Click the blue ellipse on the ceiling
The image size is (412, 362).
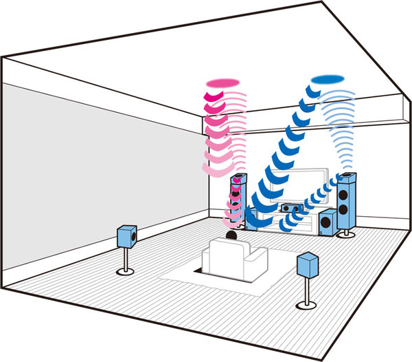pyautogui.click(x=328, y=79)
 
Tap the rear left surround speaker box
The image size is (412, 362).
pyautogui.click(x=127, y=235)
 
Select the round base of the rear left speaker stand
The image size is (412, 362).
pyautogui.click(x=126, y=270)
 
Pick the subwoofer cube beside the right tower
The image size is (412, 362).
pyautogui.click(x=328, y=221)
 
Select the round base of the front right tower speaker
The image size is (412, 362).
pyautogui.click(x=345, y=235)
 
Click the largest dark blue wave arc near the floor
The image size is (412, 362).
pyautogui.click(x=257, y=220)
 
